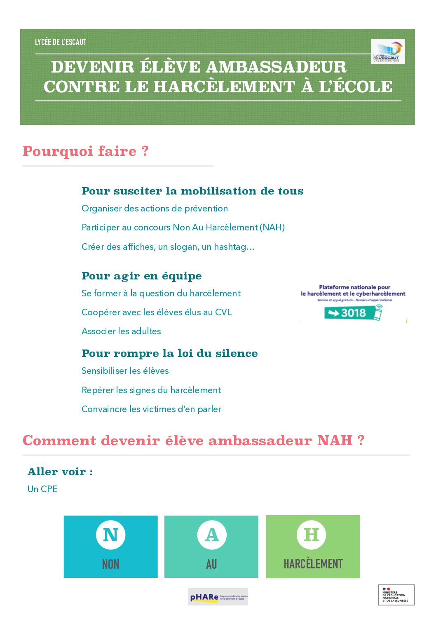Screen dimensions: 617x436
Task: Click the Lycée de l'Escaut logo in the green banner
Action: [x=388, y=52]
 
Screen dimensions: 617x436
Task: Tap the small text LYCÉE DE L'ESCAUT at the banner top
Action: [x=61, y=42]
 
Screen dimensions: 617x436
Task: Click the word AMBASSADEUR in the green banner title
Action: [x=276, y=67]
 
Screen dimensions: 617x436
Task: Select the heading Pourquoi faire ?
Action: [x=85, y=151]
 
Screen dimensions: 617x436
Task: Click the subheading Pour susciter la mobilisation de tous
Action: [x=192, y=191]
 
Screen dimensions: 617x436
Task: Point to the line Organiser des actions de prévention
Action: [x=155, y=209]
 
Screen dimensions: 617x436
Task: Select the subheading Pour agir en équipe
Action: [x=141, y=276]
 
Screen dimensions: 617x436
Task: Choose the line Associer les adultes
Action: [x=121, y=331]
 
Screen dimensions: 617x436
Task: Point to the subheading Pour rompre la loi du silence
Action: [x=169, y=353]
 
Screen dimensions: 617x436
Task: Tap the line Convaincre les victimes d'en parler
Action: [x=151, y=409]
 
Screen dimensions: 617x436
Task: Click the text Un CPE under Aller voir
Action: [x=42, y=489]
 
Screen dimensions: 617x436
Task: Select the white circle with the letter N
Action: [x=110, y=535]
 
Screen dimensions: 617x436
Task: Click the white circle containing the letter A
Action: [x=212, y=535]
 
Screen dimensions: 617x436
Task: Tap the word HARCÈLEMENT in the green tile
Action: [x=313, y=564]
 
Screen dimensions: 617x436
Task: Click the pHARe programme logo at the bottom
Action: [x=218, y=597]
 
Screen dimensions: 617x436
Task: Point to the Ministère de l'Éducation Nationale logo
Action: [x=396, y=595]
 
